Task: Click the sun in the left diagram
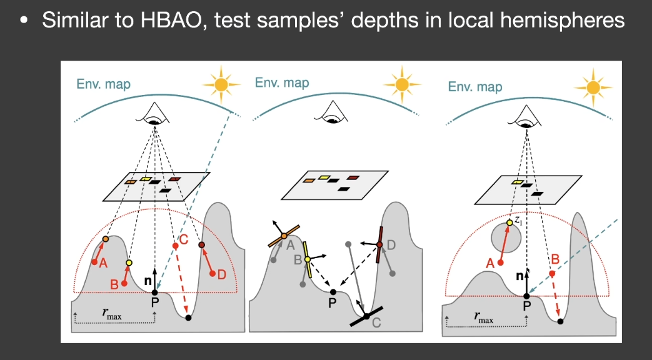(221, 84)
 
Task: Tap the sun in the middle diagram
(402, 84)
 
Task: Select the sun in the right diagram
(593, 87)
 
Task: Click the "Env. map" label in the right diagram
(475, 86)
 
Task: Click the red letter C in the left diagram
(183, 239)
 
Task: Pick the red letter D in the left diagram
(222, 274)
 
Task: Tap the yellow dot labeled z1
(509, 223)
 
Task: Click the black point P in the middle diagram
(333, 292)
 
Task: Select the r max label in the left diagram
(112, 314)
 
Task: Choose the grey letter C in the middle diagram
(376, 322)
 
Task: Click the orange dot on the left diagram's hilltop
(105, 239)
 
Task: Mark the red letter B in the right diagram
(555, 260)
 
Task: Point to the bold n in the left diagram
(148, 281)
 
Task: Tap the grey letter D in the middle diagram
(391, 245)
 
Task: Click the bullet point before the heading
(24, 21)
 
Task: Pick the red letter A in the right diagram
(490, 263)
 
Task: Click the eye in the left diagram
(154, 113)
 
